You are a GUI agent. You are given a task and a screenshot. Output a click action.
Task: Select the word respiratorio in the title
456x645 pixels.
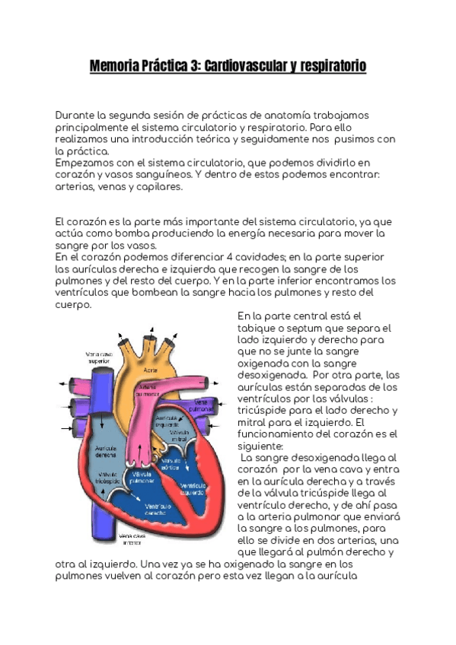(330, 67)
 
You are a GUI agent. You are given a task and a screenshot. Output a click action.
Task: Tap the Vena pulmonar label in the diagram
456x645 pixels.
(202, 406)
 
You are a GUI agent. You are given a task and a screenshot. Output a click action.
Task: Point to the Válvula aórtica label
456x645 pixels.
(171, 464)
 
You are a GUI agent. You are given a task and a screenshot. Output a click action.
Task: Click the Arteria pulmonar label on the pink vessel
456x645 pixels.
(148, 391)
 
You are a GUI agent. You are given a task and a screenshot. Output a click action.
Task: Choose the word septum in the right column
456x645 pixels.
(314, 328)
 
